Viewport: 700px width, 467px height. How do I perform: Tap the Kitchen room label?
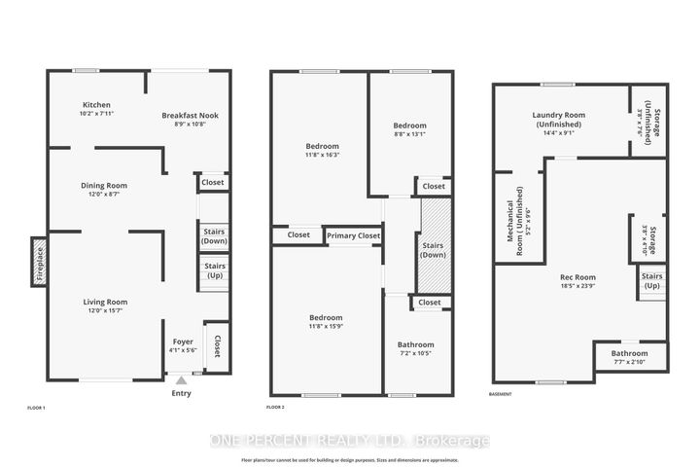(96, 105)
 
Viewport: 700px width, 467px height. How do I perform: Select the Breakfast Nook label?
(190, 115)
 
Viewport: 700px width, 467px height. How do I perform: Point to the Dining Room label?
(103, 185)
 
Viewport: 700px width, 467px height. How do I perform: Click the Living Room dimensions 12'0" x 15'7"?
(104, 311)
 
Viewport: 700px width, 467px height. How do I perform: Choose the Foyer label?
(183, 341)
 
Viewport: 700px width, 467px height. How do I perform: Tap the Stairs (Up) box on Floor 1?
(214, 270)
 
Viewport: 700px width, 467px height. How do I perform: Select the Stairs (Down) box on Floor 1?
(214, 235)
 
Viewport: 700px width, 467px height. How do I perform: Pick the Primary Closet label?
(353, 235)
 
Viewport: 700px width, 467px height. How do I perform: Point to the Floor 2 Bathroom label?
(415, 344)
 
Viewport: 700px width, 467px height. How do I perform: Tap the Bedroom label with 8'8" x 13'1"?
(409, 126)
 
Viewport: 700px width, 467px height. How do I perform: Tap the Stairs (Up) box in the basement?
(651, 281)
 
